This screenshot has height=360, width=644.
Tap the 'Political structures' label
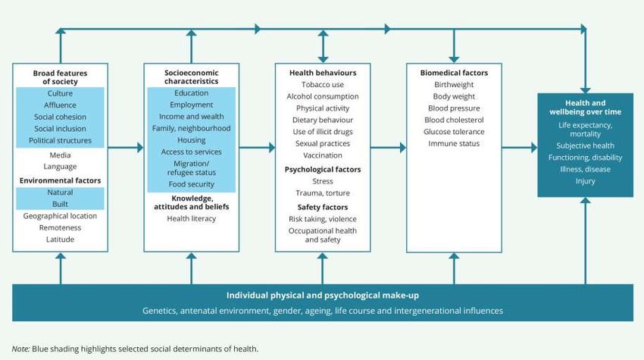click(x=60, y=140)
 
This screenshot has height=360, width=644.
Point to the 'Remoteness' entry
click(x=60, y=227)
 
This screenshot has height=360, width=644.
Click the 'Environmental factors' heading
click(x=60, y=180)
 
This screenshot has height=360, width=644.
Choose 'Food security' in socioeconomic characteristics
click(x=191, y=184)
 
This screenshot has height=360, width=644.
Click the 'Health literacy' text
click(x=191, y=218)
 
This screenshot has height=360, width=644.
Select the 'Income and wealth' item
click(x=191, y=116)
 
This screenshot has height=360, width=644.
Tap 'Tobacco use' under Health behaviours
click(x=322, y=84)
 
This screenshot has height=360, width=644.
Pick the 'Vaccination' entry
click(x=322, y=155)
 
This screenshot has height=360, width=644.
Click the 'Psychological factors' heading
click(x=322, y=169)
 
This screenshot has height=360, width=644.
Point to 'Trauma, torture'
click(x=322, y=193)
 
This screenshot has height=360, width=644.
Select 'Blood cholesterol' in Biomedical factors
click(x=454, y=120)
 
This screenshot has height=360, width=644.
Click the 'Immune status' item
click(x=454, y=143)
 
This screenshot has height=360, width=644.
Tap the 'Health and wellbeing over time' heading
click(x=585, y=108)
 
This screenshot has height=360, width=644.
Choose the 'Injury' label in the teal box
click(x=585, y=181)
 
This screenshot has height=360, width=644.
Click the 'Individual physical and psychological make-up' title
click(x=323, y=295)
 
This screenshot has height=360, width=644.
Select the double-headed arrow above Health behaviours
click(x=323, y=45)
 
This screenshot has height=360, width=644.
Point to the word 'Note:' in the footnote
click(x=20, y=349)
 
